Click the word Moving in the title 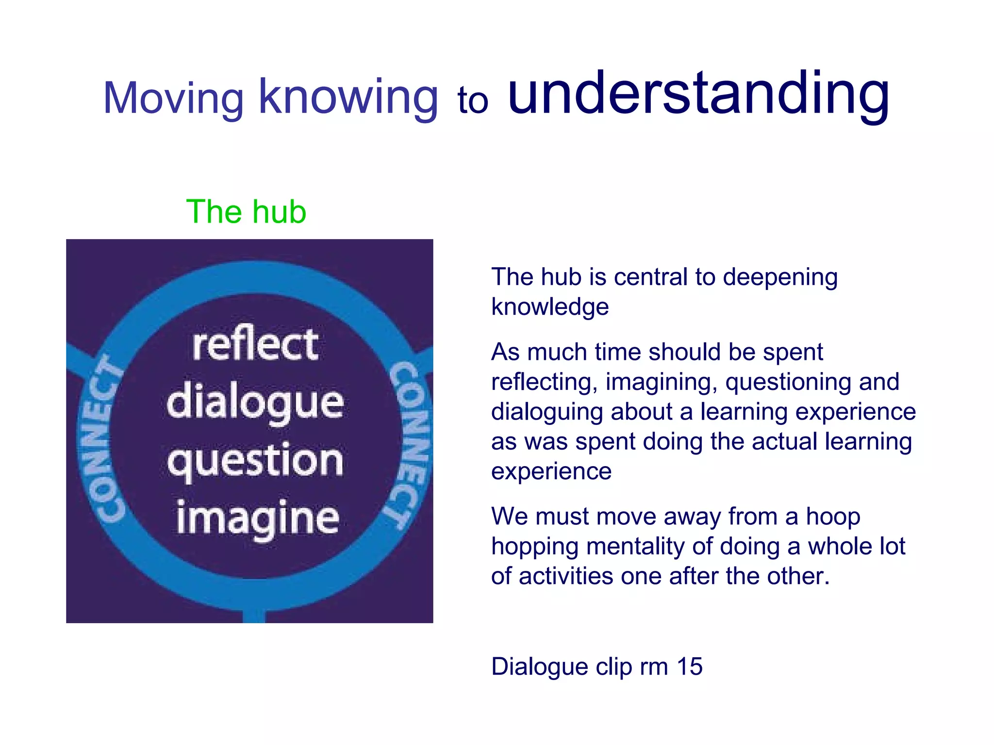173,98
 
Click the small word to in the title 473,101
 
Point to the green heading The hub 246,212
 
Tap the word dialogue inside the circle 255,403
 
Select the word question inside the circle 255,461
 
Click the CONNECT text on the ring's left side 103,439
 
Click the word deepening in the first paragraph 780,277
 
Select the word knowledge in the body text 550,307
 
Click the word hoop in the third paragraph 833,517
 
